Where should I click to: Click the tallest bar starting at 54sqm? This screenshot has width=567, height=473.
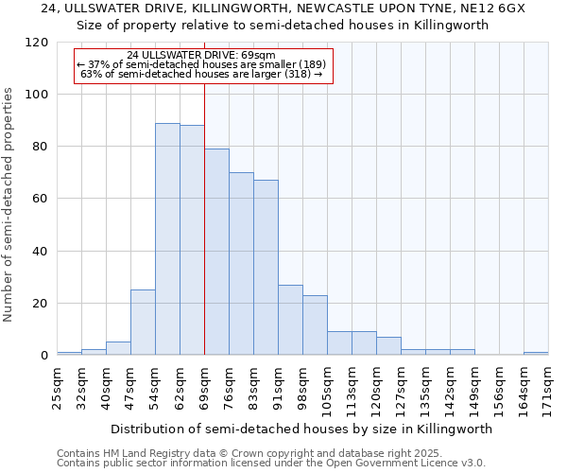pyautogui.click(x=167, y=239)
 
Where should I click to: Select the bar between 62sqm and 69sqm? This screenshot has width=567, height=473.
pyautogui.click(x=192, y=240)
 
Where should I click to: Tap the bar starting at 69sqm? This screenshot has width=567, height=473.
pyautogui.click(x=216, y=252)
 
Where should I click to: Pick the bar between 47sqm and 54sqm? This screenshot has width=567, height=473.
pyautogui.click(x=143, y=323)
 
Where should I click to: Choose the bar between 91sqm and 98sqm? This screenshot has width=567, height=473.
pyautogui.click(x=290, y=320)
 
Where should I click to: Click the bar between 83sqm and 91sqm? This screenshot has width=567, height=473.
pyautogui.click(x=266, y=268)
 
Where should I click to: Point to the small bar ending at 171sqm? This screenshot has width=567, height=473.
pyautogui.click(x=536, y=354)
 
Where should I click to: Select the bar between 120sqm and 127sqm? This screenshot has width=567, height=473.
pyautogui.click(x=388, y=346)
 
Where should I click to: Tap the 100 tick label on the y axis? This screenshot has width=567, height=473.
pyautogui.click(x=37, y=95)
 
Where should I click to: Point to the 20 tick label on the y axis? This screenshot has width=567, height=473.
pyautogui.click(x=41, y=304)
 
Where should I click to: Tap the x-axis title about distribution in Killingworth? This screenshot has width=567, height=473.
pyautogui.click(x=301, y=429)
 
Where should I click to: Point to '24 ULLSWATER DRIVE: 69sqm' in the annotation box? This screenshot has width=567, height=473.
pyautogui.click(x=201, y=56)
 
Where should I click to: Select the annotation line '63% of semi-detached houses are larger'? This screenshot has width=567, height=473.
pyautogui.click(x=201, y=74)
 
